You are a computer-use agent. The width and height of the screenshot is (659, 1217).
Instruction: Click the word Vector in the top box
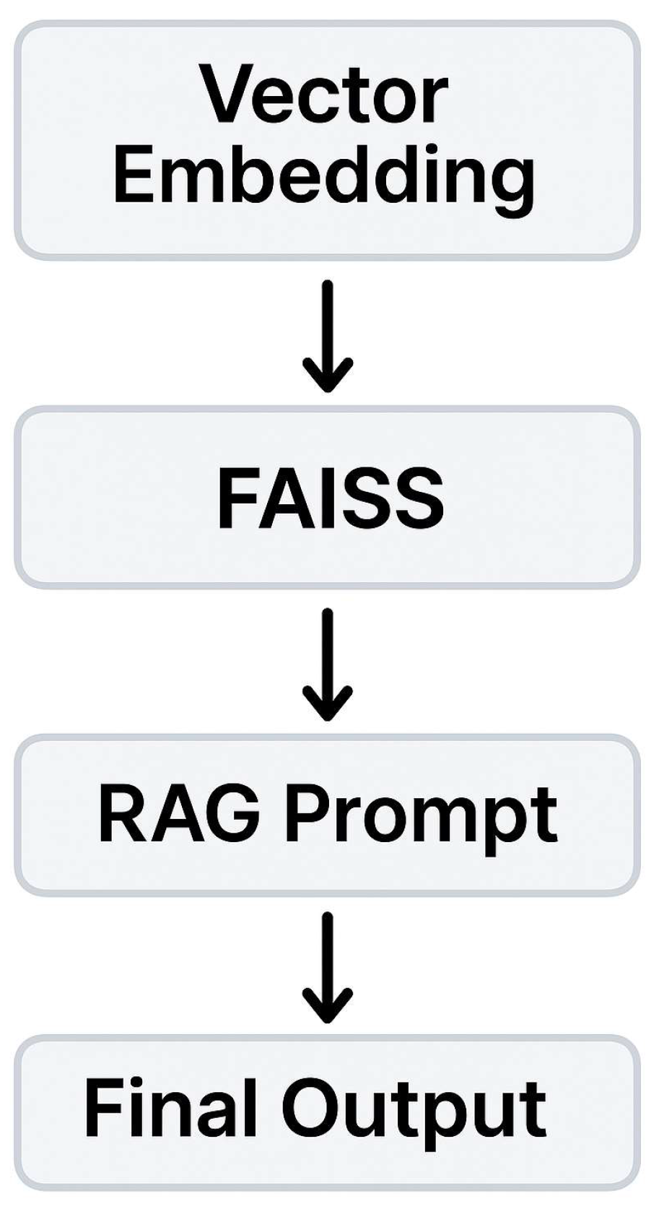[324, 95]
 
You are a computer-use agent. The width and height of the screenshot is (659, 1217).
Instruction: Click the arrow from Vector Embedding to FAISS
[328, 336]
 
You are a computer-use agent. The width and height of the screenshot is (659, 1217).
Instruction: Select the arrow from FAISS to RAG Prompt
[328, 664]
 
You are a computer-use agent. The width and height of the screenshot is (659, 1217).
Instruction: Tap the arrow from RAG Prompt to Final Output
[328, 967]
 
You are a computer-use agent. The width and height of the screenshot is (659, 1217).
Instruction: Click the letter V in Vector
[224, 95]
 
